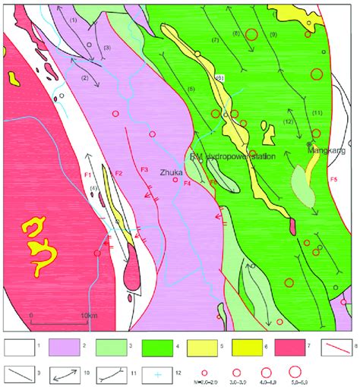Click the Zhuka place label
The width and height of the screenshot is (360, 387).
click(172, 173)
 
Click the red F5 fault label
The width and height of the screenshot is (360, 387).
click(335, 178)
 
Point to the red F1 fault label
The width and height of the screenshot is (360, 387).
click(88, 176)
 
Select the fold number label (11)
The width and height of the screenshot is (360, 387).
click(317, 113)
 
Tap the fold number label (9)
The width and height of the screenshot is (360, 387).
click(273, 35)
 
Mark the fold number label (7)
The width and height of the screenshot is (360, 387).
click(215, 39)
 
